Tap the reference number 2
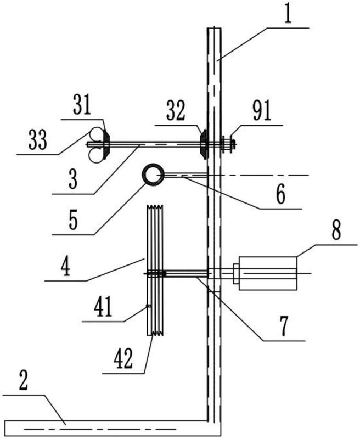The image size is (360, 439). click(x=24, y=380)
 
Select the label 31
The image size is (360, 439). click(x=82, y=105)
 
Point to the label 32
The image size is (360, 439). click(x=176, y=110)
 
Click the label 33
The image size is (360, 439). click(x=37, y=140)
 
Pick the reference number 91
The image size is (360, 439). click(x=261, y=111)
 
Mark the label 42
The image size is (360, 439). click(x=122, y=359)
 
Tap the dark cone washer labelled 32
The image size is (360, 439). click(x=204, y=144)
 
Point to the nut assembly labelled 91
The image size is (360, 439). click(x=229, y=144)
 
